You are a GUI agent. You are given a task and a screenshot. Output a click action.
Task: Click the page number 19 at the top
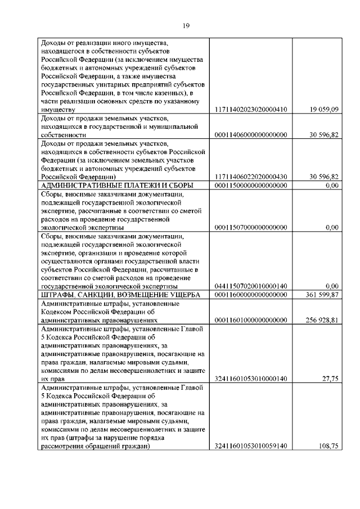tap(186, 25)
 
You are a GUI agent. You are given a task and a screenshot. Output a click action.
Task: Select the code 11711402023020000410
tap(251, 109)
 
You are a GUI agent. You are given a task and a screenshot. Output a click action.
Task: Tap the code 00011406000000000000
tap(251, 135)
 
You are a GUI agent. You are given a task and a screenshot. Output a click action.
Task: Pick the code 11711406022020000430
tap(251, 177)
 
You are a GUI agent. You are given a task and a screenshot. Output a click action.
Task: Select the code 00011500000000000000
tap(251, 185)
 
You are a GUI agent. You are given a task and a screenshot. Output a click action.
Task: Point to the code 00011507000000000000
tap(251, 227)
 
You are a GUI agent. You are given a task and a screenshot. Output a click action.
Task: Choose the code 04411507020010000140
tap(251, 286)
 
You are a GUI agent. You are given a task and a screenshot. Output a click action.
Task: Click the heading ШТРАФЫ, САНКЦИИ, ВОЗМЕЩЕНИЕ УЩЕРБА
tap(117, 294)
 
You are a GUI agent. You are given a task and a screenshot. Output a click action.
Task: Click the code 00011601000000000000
tap(251, 320)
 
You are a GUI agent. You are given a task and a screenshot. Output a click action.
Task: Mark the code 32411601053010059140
tap(251, 447)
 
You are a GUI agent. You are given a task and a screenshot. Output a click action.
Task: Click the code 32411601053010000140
tap(251, 379)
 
